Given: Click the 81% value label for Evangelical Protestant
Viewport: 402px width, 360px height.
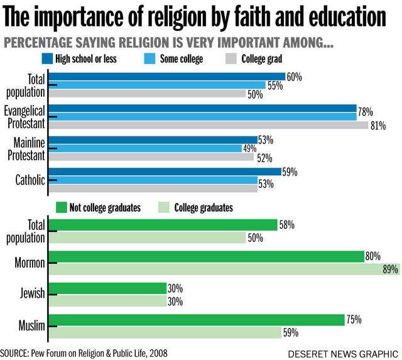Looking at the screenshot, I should [x=378, y=125].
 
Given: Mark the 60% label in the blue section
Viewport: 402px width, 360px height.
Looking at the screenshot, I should [x=294, y=77].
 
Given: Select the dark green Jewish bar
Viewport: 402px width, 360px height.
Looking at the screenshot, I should [x=108, y=288].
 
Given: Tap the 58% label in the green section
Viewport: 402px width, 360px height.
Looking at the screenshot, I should [x=286, y=225].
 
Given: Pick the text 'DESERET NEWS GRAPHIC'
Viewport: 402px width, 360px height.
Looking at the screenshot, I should [x=342, y=353].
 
